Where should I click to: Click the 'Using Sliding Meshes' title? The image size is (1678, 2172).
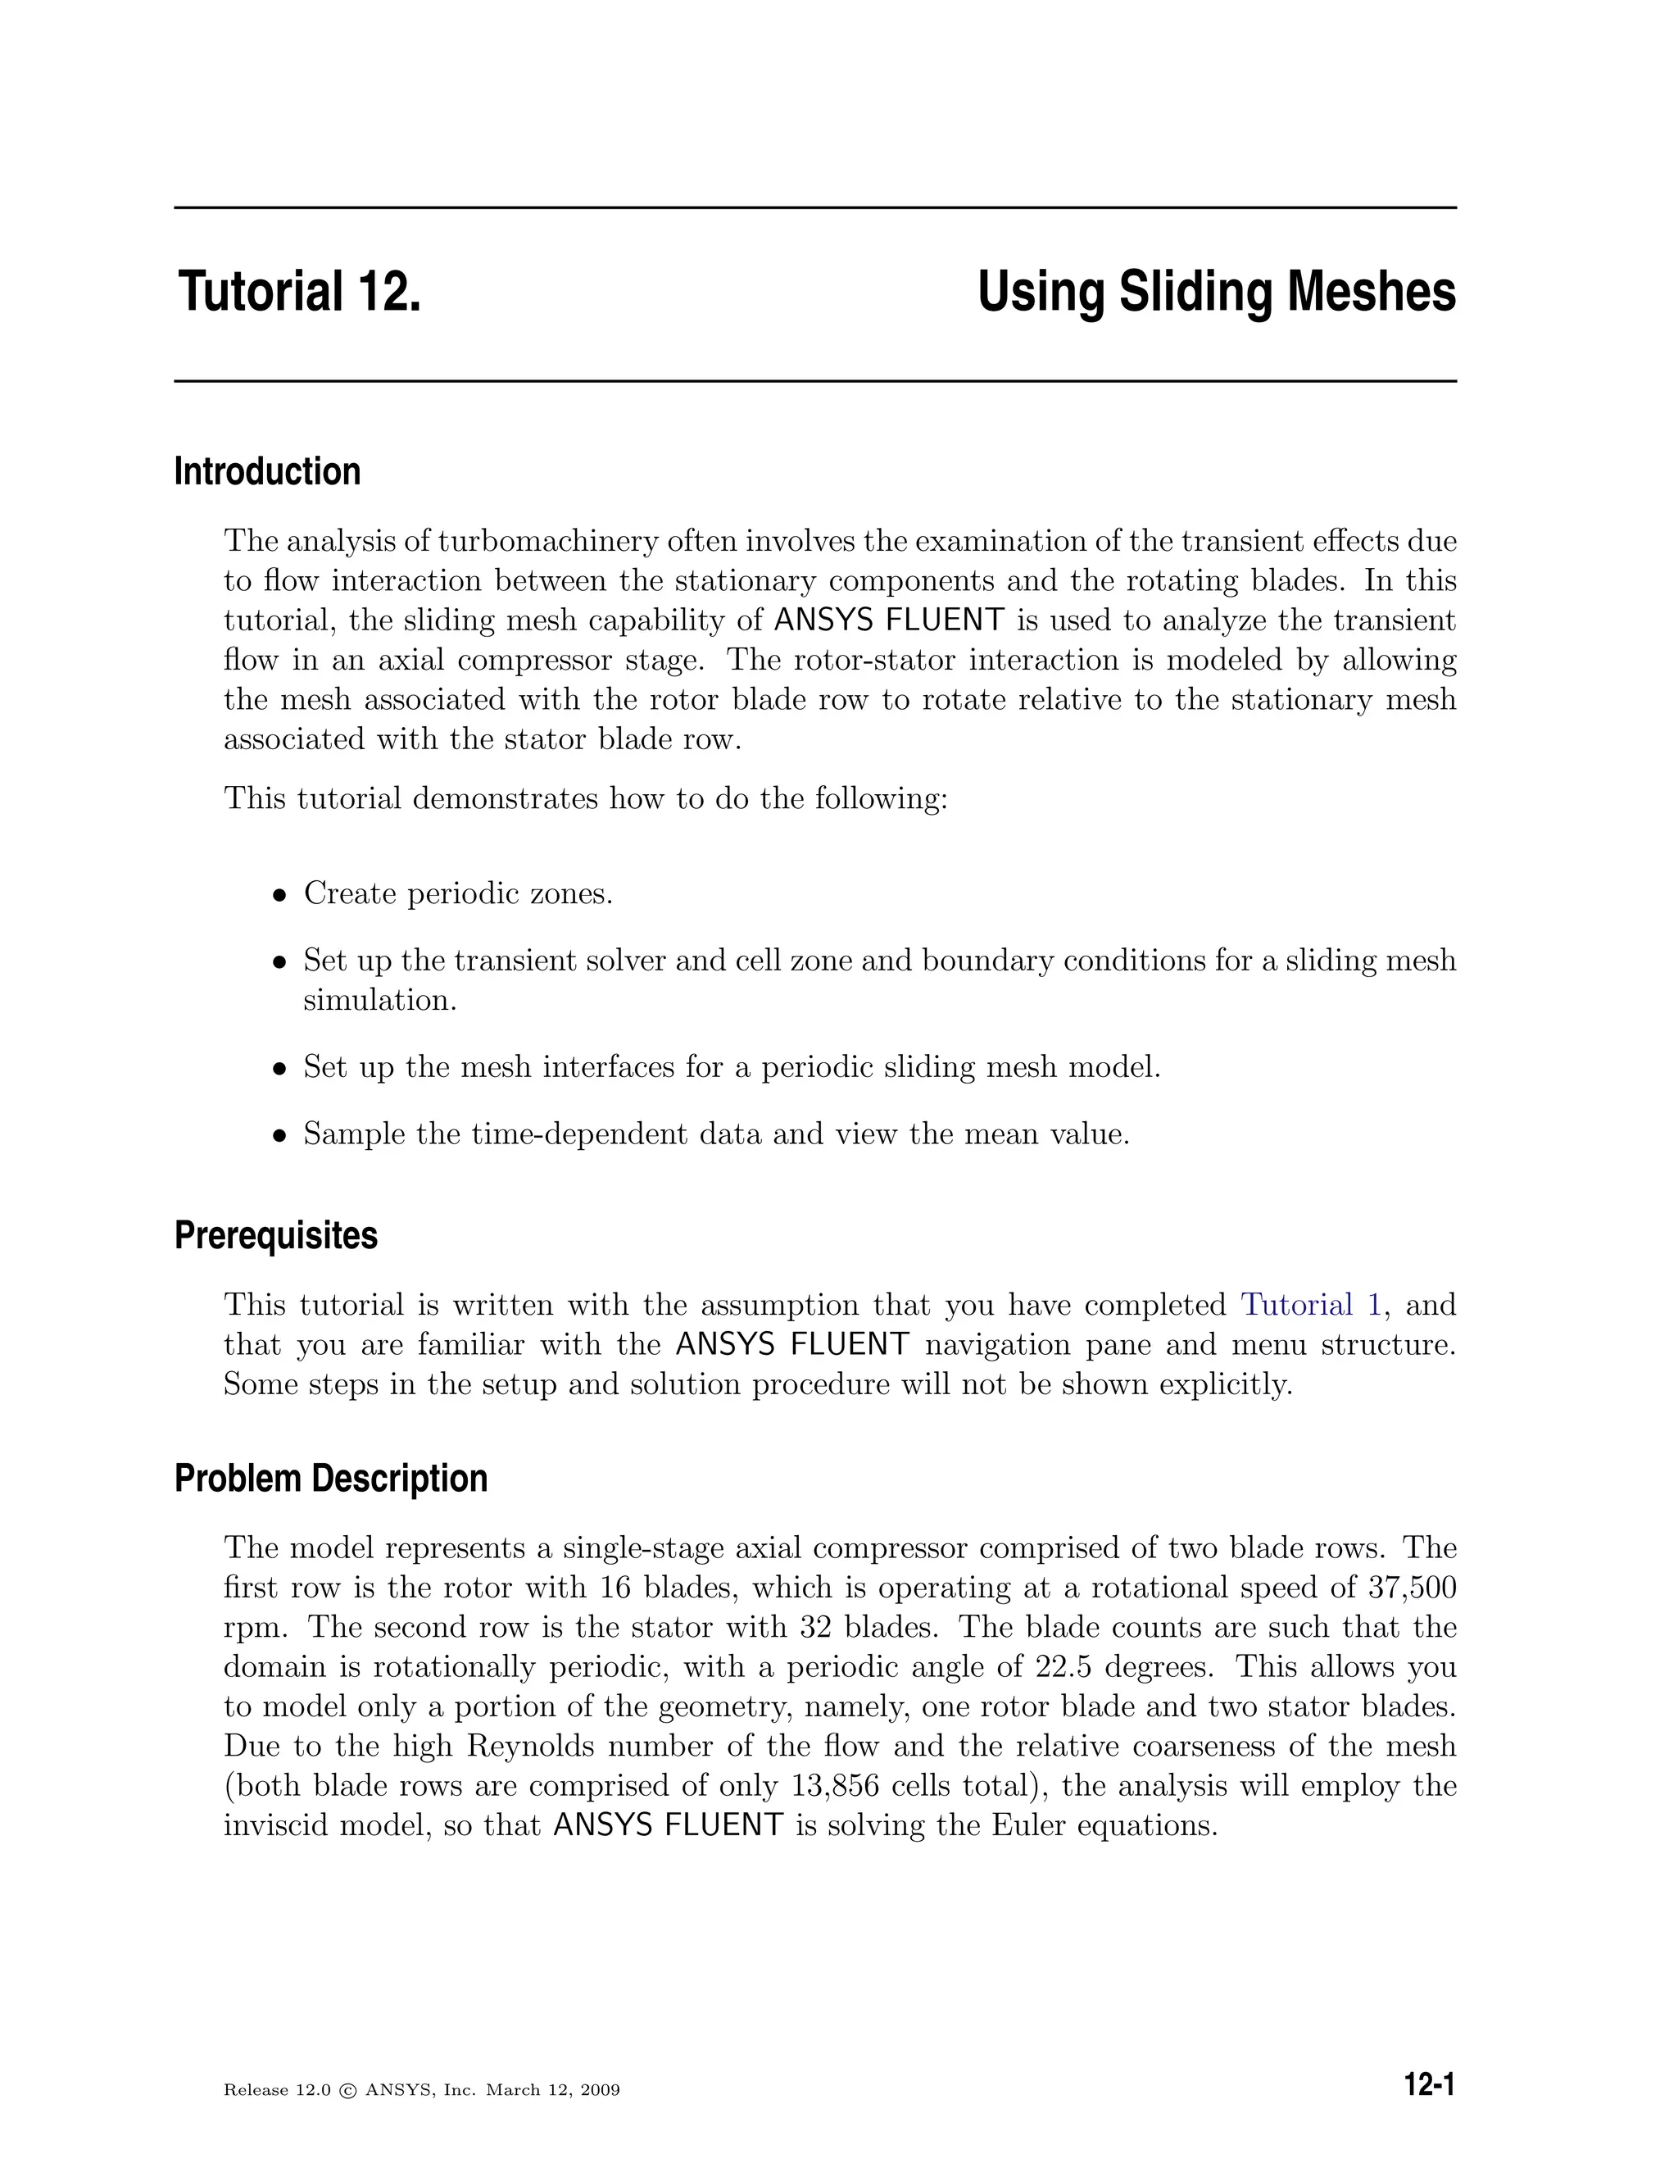tap(1216, 293)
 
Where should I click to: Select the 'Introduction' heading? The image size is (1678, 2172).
tap(267, 471)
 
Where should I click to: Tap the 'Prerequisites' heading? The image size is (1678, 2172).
tap(275, 1235)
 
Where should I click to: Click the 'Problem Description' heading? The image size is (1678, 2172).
tap(331, 1478)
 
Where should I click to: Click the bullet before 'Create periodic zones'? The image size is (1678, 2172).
tap(280, 895)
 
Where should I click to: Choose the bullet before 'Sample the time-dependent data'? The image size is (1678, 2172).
tap(280, 1136)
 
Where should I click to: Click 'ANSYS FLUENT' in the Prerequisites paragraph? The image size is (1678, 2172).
tap(791, 1344)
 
